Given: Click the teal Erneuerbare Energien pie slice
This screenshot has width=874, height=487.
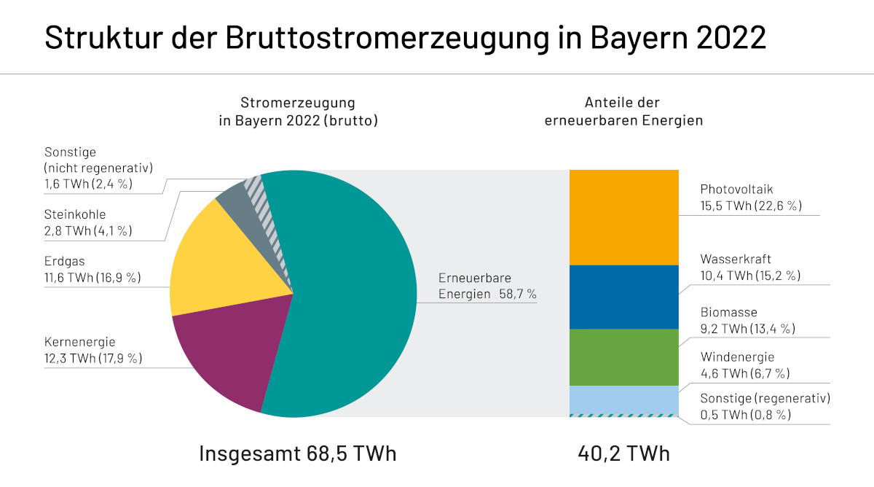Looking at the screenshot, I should pos(350,292).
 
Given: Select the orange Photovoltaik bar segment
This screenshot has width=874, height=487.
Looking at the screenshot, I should pos(623,217).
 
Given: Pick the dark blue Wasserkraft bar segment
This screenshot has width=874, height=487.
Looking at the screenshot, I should pos(623,297).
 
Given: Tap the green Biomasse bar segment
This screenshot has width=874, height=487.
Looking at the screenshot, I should pos(623,357).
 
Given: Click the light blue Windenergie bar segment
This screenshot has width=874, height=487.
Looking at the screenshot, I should pos(623,399).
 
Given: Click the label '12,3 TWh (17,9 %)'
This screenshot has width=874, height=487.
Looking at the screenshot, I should pos(93,358).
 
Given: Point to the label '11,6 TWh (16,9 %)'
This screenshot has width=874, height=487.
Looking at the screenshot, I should pos(92,278).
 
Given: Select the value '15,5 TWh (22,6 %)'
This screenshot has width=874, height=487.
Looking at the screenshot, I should pos(751,206).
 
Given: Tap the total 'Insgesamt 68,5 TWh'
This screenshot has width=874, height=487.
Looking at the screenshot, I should pos(298,453).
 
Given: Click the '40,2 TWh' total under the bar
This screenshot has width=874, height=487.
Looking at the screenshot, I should pos(623,453).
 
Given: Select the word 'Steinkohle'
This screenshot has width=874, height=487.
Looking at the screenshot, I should pos(75,214).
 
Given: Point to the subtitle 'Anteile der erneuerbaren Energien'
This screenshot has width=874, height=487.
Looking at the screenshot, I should pos(623,112).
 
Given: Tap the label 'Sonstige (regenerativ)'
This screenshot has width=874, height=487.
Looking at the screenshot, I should pos(765,398).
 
